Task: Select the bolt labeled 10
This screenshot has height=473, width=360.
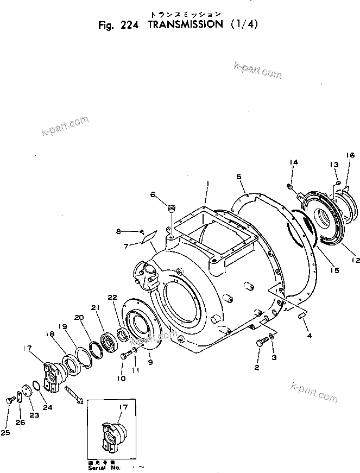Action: click(x=126, y=355)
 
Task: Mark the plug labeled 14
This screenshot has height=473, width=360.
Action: click(x=290, y=188)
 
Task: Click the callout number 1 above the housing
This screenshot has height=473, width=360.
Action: click(x=207, y=185)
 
